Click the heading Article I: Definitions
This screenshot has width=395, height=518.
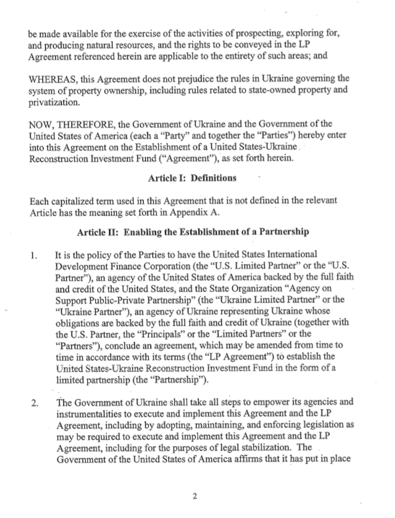click(x=192, y=178)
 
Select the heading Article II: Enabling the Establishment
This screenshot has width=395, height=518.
click(x=193, y=232)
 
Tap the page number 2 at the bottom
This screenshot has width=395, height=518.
click(x=195, y=496)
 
